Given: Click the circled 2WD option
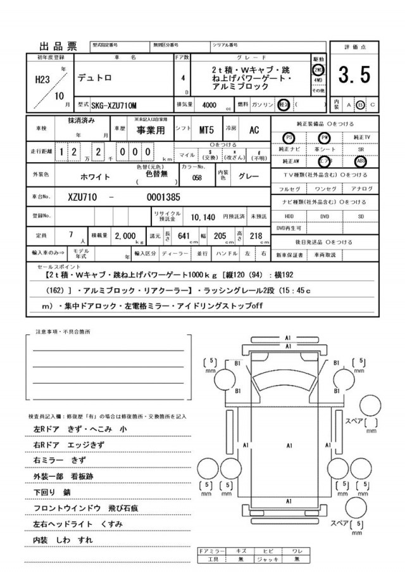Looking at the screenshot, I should point(318,70).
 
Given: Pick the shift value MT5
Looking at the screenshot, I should point(206,130).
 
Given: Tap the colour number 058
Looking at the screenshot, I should point(197,178).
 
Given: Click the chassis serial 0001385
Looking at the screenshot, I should point(163,197).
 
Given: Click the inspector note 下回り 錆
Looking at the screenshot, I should point(52,491).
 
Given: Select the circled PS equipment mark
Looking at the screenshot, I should point(289,137).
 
